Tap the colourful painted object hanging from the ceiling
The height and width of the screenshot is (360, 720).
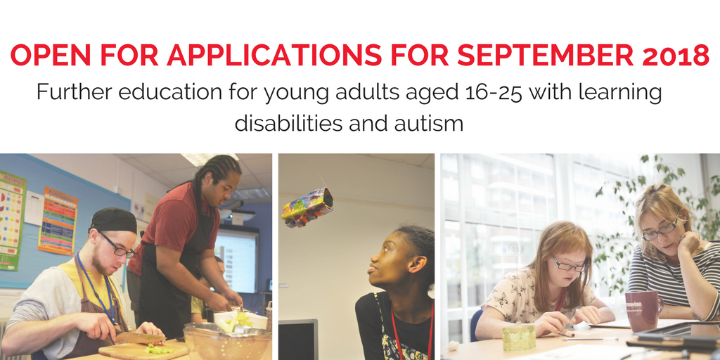coord(307,207)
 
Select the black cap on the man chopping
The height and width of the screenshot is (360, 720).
coord(113,221)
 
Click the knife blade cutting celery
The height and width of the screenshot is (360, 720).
coord(140,338)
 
